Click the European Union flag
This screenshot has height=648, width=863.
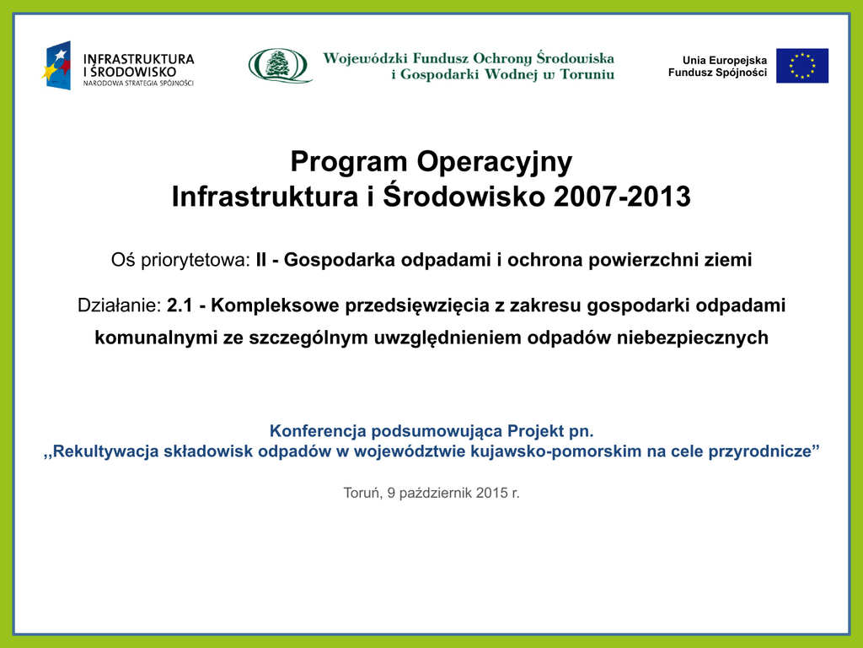pos(802,66)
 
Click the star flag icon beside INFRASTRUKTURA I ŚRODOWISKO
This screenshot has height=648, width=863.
pos(56,66)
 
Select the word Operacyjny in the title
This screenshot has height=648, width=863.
pos(494,163)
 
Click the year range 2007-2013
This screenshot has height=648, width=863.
pos(622,197)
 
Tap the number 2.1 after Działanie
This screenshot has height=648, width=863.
pos(180,305)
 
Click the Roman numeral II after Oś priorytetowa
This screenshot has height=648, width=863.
pos(261,260)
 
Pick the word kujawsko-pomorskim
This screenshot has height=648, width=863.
pos(554,451)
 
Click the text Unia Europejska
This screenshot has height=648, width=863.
pos(724,60)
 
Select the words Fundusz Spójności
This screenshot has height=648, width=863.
pos(717,73)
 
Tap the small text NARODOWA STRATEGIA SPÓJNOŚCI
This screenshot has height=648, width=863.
pos(138,84)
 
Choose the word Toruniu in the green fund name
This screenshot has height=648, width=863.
pos(587,74)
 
